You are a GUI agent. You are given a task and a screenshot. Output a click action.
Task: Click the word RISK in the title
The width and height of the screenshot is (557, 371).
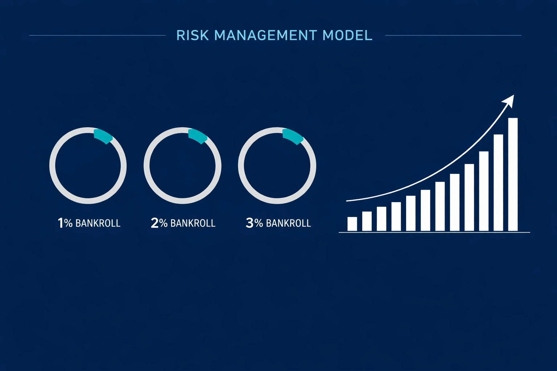(192, 36)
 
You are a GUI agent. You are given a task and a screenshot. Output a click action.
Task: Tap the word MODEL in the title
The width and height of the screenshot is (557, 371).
(347, 36)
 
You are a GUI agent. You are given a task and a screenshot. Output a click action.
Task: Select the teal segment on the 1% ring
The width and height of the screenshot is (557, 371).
(103, 136)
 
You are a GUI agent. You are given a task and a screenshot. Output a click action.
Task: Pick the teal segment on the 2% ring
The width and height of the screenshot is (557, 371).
(198, 136)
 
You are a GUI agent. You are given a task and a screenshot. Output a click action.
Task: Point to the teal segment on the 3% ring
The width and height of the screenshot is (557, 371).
(293, 137)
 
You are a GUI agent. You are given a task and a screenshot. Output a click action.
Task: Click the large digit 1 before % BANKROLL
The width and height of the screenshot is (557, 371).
(61, 223)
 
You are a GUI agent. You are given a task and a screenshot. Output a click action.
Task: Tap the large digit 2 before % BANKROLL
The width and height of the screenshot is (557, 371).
(154, 223)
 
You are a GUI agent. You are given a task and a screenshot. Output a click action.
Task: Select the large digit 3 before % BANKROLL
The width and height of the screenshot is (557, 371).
(249, 223)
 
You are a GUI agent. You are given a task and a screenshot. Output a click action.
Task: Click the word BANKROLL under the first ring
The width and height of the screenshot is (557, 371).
(98, 223)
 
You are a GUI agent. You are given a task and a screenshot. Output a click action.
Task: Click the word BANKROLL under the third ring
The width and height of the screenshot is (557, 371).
(288, 223)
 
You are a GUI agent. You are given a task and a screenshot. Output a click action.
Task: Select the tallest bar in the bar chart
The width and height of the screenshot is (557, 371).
(513, 174)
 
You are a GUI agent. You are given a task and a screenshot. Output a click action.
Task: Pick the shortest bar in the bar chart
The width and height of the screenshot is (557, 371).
(352, 224)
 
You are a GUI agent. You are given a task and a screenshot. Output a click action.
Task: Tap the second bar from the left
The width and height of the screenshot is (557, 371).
(367, 221)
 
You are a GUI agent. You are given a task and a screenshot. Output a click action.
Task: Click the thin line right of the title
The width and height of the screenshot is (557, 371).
(453, 36)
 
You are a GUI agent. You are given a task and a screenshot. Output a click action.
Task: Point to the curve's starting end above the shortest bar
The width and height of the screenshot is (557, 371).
(348, 200)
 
